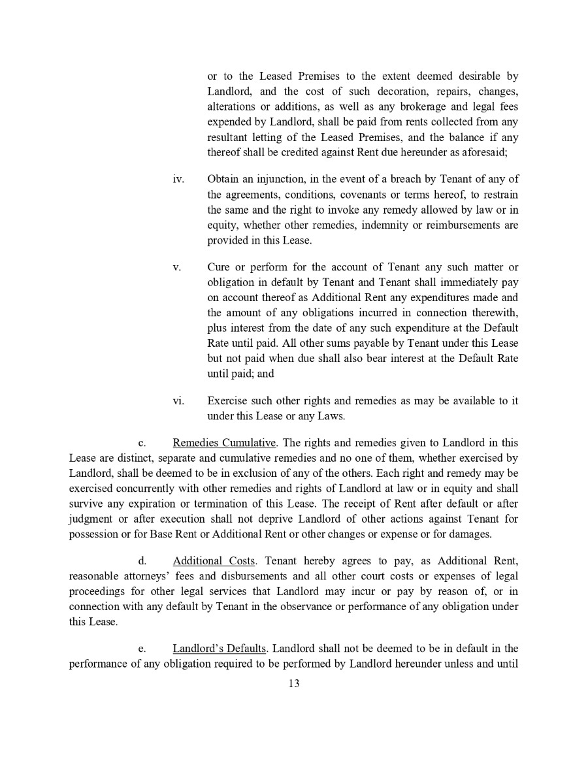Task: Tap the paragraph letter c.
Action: (142, 444)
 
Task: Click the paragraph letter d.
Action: (142, 561)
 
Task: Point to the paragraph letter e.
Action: (141, 649)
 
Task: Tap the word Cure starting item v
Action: (218, 267)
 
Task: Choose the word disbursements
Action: (250, 576)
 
